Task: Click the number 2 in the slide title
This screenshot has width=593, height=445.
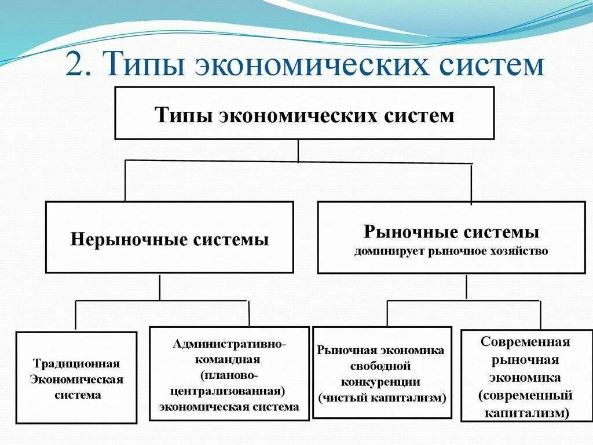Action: (75, 65)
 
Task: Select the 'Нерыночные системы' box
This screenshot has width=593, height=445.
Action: (169, 237)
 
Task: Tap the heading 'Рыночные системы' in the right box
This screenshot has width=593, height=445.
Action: (451, 232)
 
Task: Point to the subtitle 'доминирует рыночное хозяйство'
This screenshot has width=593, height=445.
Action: (451, 251)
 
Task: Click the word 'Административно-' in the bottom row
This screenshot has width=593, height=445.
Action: (229, 344)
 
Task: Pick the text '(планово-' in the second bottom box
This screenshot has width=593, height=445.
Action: (229, 375)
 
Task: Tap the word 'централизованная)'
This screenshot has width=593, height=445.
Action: (229, 391)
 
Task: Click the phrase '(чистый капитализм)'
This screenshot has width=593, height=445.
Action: (382, 397)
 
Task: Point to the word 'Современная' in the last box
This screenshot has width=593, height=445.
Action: (525, 342)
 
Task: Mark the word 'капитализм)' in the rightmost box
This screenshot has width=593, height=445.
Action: (525, 413)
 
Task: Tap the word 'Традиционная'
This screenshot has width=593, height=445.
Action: (76, 363)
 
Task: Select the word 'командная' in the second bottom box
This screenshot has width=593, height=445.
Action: (229, 359)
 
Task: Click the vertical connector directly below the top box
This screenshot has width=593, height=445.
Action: (298, 151)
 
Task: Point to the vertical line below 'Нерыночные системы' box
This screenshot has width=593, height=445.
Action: (160, 287)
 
